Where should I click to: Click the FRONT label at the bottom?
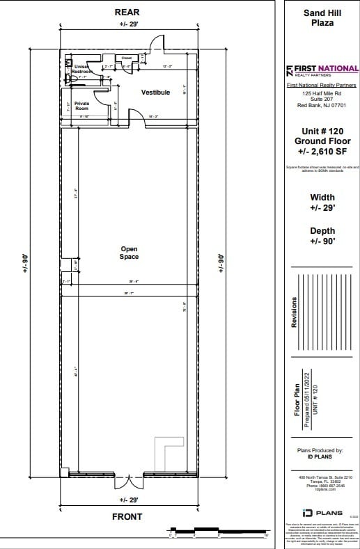pos(127,516)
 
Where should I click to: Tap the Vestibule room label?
pos(155,93)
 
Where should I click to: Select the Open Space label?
pos(129,253)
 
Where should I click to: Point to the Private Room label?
pos(82,106)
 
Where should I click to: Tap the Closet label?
pos(127,58)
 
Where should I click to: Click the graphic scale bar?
pos(219,532)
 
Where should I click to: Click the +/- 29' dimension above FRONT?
pos(130,500)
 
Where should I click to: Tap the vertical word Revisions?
pos(294,312)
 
